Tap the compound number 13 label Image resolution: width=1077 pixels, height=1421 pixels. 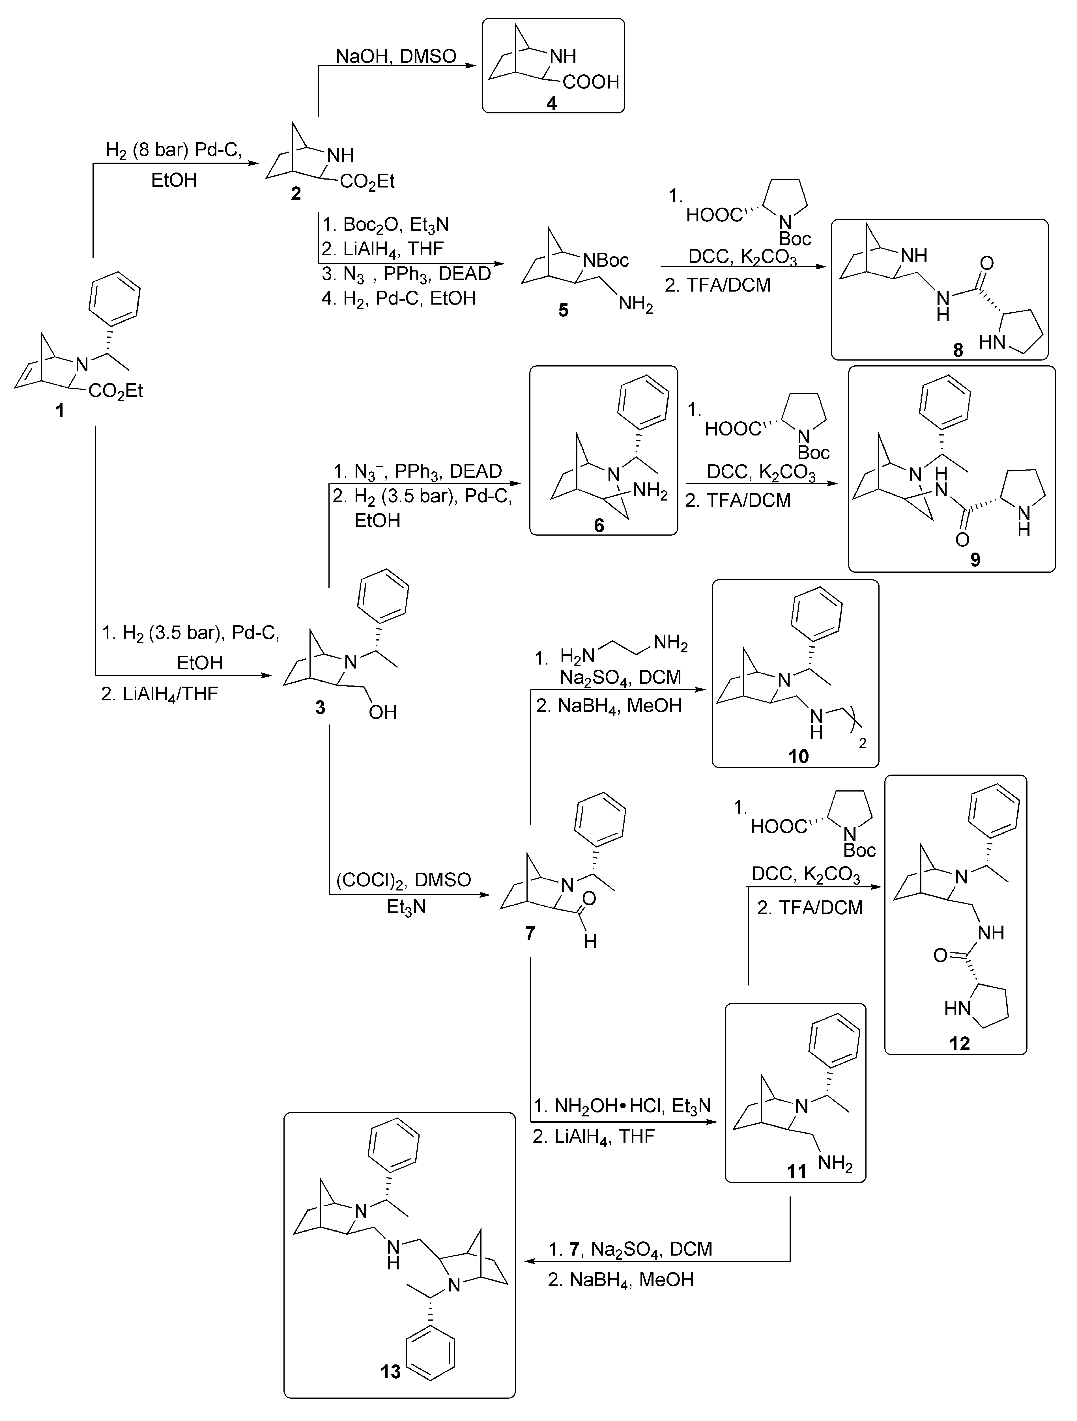pyautogui.click(x=390, y=1372)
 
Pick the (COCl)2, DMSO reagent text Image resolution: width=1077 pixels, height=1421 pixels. pyautogui.click(x=403, y=879)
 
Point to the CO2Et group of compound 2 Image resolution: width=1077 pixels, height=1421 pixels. pyautogui.click(x=367, y=182)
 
